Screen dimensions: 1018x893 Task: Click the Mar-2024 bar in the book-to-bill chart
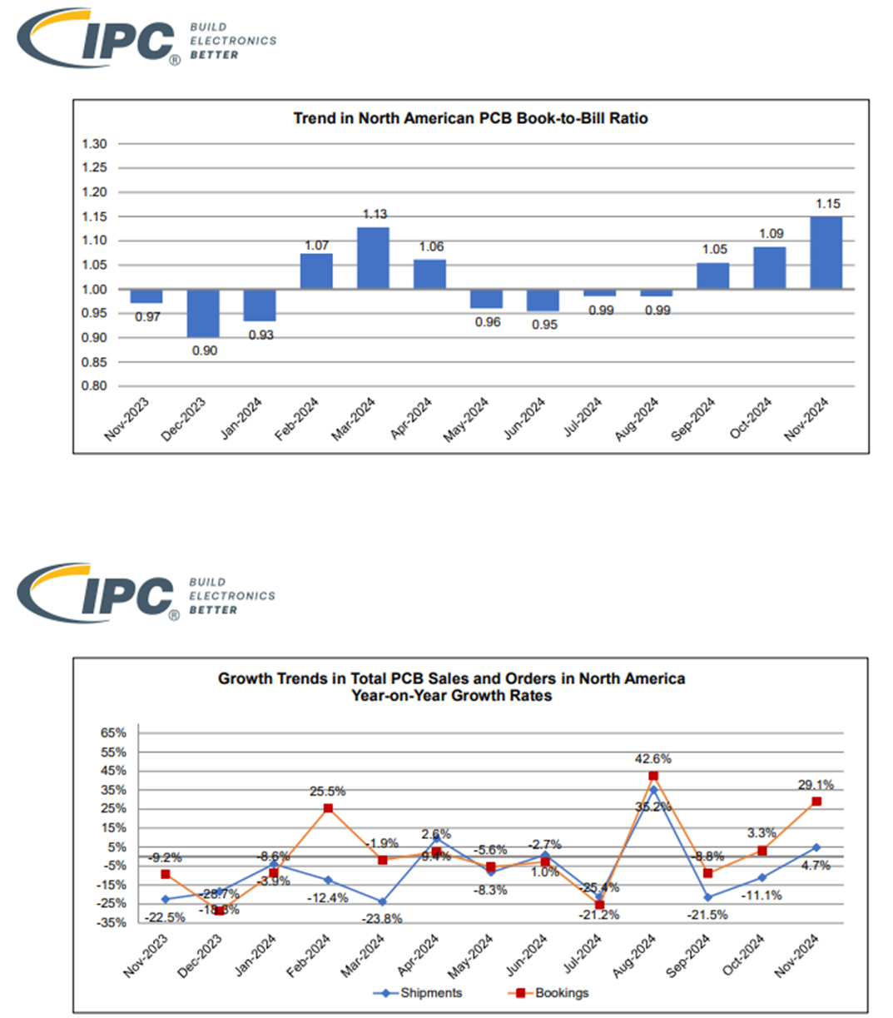(x=373, y=258)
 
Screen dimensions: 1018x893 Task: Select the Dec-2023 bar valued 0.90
(x=203, y=313)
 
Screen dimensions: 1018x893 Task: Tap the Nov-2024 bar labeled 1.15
(x=826, y=253)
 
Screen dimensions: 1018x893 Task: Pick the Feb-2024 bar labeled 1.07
(x=316, y=271)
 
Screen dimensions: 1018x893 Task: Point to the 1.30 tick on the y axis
(x=95, y=144)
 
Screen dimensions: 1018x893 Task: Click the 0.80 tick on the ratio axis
(x=95, y=386)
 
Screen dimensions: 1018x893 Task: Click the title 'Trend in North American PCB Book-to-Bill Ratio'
(x=470, y=118)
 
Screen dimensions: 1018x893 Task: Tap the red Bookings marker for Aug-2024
(x=653, y=776)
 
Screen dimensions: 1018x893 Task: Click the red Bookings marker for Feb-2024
(x=328, y=808)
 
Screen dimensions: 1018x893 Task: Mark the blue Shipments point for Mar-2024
(x=382, y=902)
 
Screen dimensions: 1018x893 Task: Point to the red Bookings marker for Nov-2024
(x=816, y=802)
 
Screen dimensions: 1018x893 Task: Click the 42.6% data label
(x=653, y=759)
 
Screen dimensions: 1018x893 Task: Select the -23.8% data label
(x=383, y=919)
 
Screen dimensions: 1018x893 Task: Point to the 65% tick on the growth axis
(x=113, y=733)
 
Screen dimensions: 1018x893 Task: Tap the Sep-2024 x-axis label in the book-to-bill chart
(x=693, y=420)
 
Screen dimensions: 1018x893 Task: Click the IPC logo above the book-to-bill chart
(x=100, y=38)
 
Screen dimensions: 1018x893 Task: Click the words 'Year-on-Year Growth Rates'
(x=451, y=696)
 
